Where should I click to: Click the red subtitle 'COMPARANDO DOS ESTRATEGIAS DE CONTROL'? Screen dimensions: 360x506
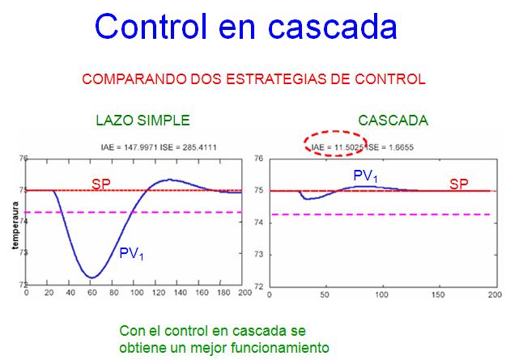253,80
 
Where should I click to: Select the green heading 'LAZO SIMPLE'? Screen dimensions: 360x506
142,121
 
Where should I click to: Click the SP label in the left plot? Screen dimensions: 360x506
101,184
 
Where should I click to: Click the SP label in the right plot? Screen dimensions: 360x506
459,184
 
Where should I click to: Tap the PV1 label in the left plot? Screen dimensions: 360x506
131,253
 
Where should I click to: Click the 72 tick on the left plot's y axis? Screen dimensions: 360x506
21,285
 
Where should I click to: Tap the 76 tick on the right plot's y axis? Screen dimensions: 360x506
259,159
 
